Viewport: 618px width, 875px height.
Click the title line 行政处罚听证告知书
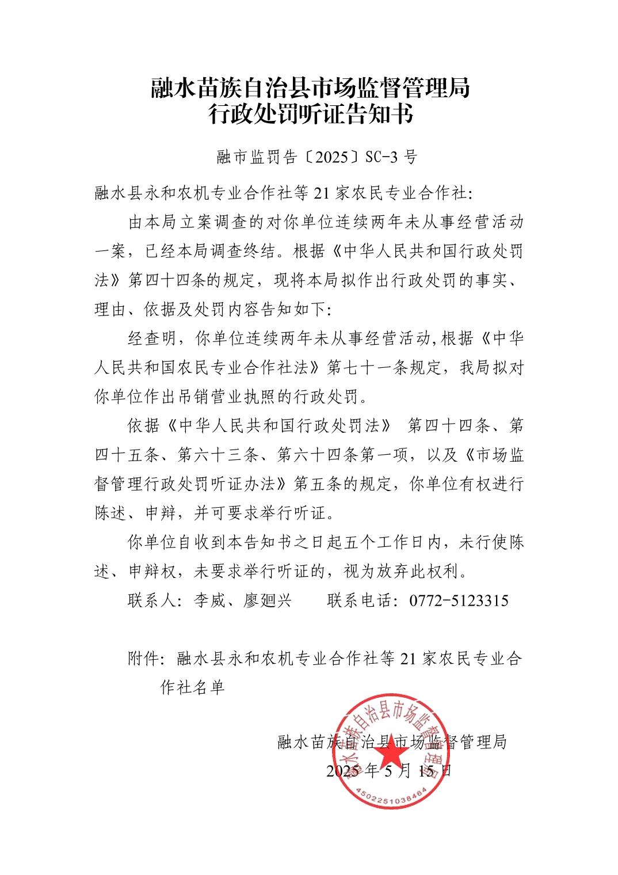click(x=311, y=114)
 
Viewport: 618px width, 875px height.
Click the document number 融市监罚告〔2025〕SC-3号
click(x=316, y=157)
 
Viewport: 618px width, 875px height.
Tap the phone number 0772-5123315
click(x=459, y=601)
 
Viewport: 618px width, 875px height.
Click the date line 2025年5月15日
click(x=390, y=771)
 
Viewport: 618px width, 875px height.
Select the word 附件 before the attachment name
click(x=143, y=659)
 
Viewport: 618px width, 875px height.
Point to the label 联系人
click(x=151, y=601)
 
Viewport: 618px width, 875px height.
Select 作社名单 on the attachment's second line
click(x=192, y=687)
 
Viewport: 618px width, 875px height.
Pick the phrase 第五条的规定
click(x=343, y=484)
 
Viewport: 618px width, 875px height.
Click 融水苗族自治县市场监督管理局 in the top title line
click(x=311, y=87)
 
